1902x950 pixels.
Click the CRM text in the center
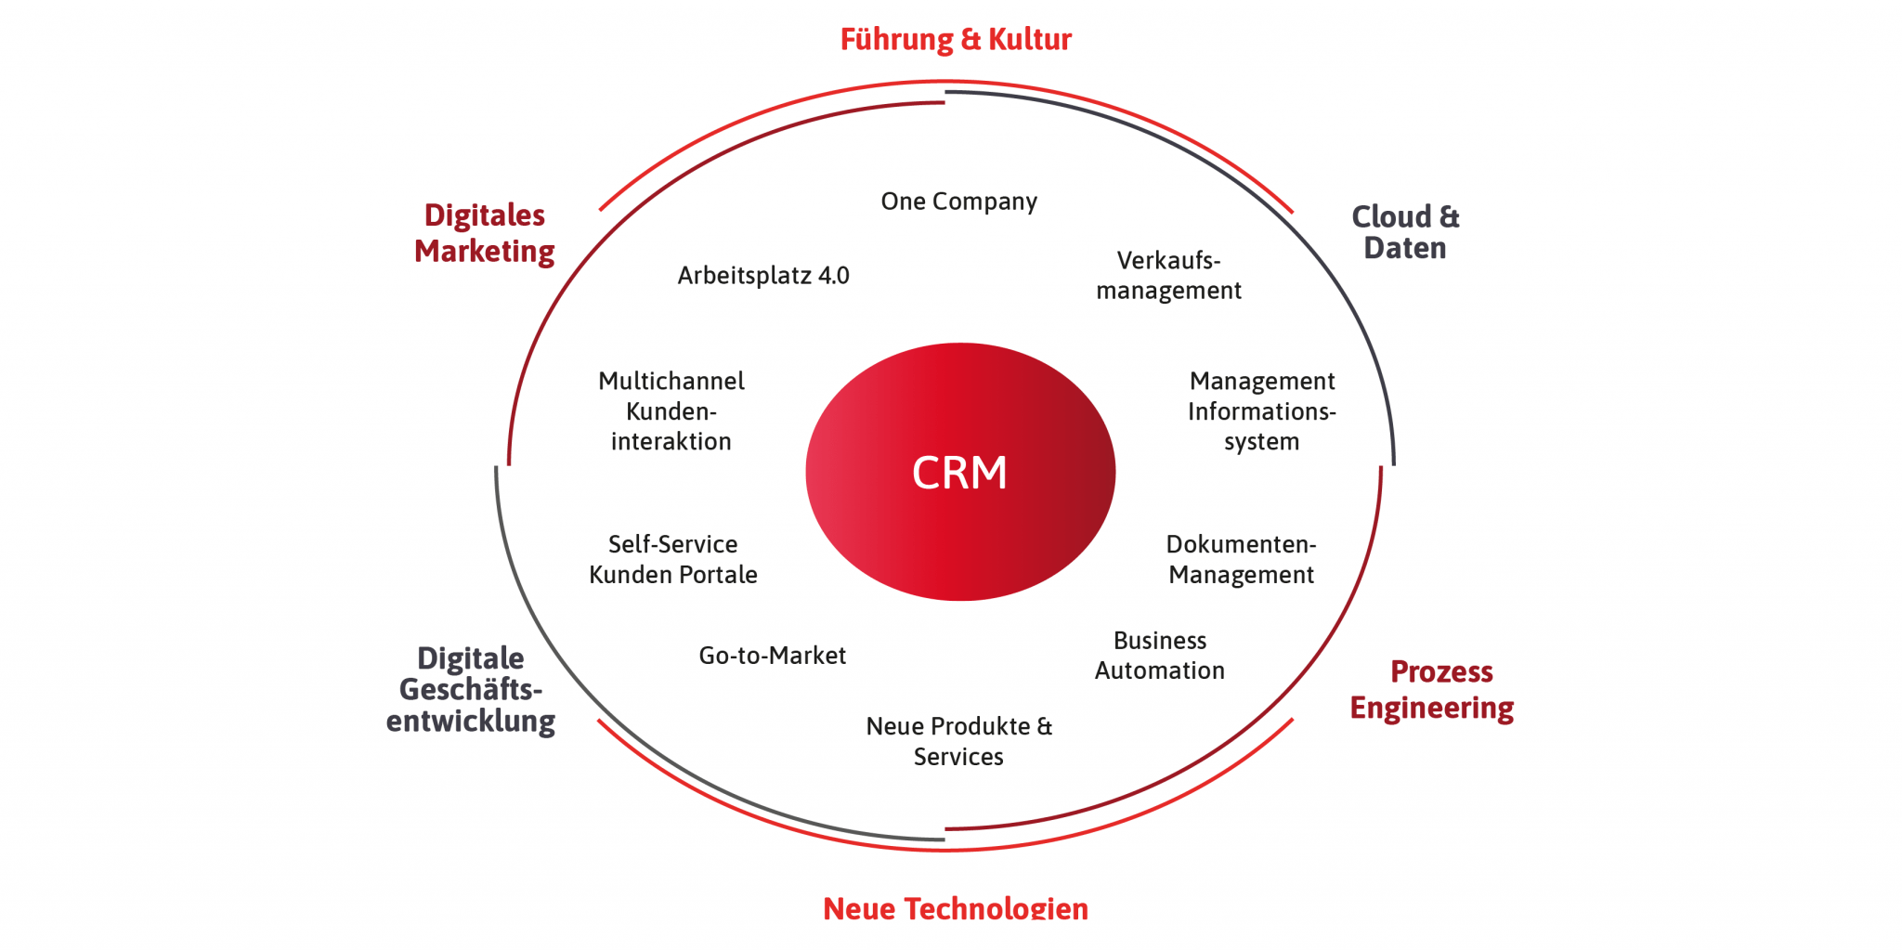tap(959, 473)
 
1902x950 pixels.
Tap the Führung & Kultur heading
tap(956, 39)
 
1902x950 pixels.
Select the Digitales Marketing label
tap(484, 233)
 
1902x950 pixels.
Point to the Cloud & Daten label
tap(1405, 232)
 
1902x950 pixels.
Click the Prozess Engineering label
tap(1432, 689)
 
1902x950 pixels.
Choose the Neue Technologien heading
tap(956, 907)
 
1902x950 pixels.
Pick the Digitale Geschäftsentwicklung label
tap(471, 689)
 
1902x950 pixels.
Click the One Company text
tap(958, 202)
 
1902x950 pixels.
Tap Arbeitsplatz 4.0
tap(763, 276)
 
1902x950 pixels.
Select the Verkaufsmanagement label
tap(1168, 276)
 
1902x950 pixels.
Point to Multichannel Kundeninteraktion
tap(671, 411)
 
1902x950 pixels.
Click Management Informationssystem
tap(1261, 411)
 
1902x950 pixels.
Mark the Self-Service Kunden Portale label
tap(673, 559)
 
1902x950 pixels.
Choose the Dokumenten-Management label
tap(1241, 559)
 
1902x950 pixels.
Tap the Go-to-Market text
tap(772, 656)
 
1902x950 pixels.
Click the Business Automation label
tap(1160, 656)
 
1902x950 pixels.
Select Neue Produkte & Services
tap(958, 741)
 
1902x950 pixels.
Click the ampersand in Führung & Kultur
tap(971, 39)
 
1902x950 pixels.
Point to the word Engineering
tap(1432, 708)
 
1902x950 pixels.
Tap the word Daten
tap(1405, 248)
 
